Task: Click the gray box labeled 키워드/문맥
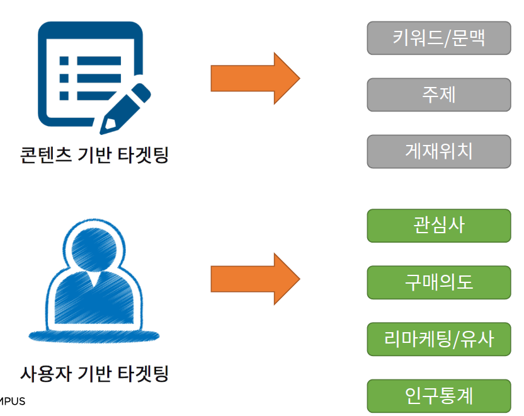[438, 38]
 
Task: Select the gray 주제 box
[438, 95]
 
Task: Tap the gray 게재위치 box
[438, 151]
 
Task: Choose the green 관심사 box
[438, 226]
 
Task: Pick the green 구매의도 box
[438, 282]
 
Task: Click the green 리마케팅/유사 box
[438, 339]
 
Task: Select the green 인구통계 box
[438, 396]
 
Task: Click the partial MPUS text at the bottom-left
[12, 401]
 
